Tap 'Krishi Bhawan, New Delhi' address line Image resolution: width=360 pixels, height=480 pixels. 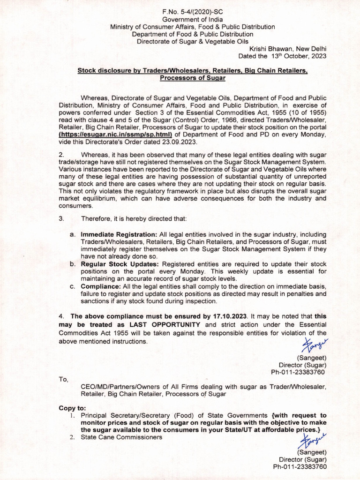pyautogui.click(x=288, y=49)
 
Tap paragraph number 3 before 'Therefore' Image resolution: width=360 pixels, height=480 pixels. pyautogui.click(x=61, y=218)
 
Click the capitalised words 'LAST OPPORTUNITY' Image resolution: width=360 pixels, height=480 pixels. pyautogui.click(x=165, y=324)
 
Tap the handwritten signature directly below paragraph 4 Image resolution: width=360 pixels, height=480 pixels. pyautogui.click(x=315, y=346)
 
